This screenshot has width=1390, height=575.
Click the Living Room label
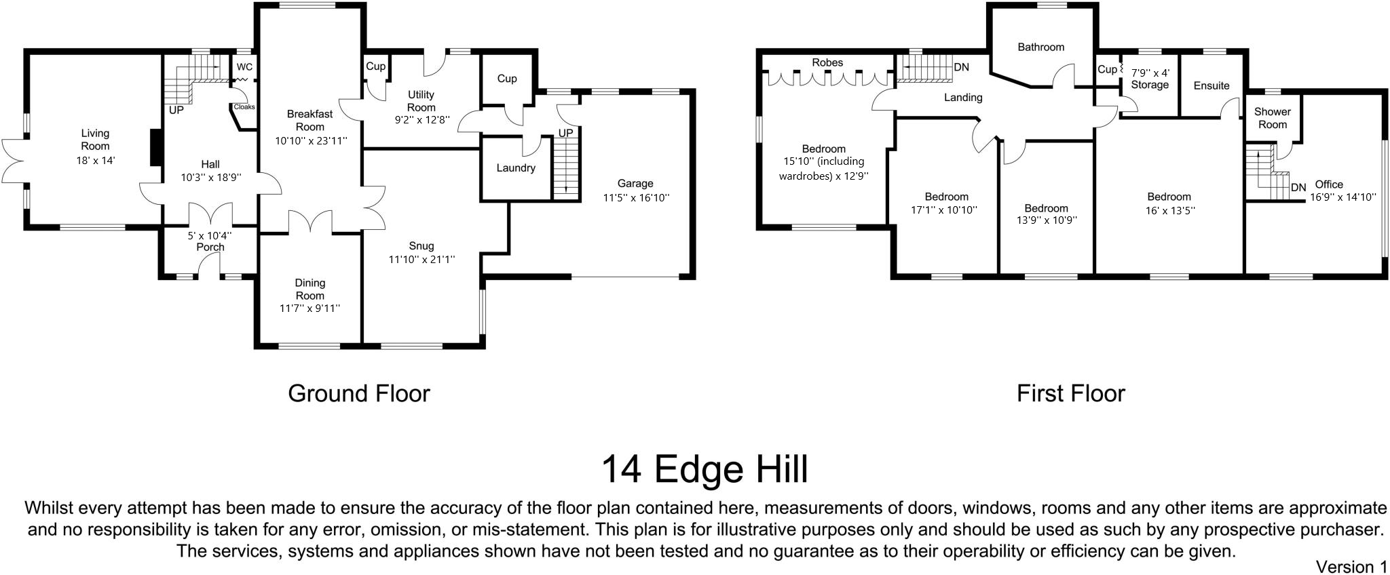click(95, 140)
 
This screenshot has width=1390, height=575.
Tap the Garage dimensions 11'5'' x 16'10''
click(636, 198)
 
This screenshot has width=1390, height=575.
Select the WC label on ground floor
click(244, 67)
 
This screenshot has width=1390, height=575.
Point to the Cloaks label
click(244, 107)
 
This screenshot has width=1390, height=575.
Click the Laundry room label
click(516, 168)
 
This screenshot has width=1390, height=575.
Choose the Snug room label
click(421, 246)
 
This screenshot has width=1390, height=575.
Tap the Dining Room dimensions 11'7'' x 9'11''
click(309, 309)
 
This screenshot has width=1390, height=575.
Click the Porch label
click(210, 247)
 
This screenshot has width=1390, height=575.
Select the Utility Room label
click(421, 101)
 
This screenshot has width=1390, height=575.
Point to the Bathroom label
click(1040, 47)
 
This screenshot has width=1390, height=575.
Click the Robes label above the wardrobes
click(827, 63)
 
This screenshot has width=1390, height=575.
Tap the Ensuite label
click(1211, 86)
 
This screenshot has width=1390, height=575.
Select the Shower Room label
click(1273, 118)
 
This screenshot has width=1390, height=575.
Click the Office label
click(1329, 184)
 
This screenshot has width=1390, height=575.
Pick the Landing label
click(963, 98)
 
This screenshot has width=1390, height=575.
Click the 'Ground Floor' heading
click(359, 394)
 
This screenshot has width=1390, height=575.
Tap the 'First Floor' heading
click(1070, 394)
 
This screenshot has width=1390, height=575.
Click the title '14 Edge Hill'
click(705, 469)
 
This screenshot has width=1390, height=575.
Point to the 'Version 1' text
click(1351, 566)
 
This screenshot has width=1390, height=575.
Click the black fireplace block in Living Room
click(155, 148)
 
